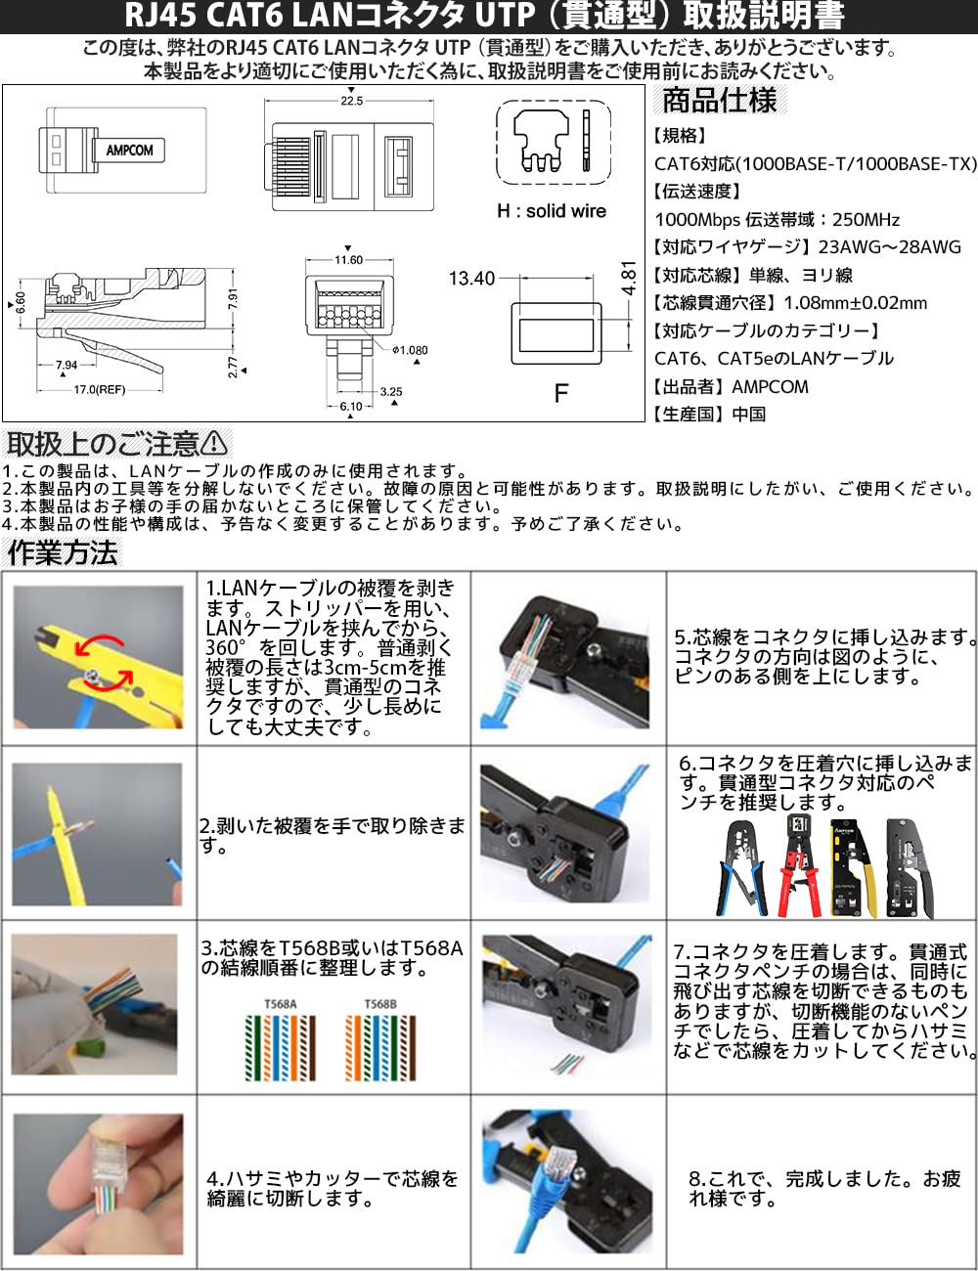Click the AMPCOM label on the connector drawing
129,151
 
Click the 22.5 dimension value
351,101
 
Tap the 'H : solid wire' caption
552,211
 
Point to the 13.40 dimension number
471,279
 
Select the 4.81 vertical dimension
629,278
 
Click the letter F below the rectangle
560,393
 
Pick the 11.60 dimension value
348,260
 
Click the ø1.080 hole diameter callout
410,350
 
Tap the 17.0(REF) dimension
100,390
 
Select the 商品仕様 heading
719,100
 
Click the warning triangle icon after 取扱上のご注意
215,444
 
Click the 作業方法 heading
63,553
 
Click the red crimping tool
799,866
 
